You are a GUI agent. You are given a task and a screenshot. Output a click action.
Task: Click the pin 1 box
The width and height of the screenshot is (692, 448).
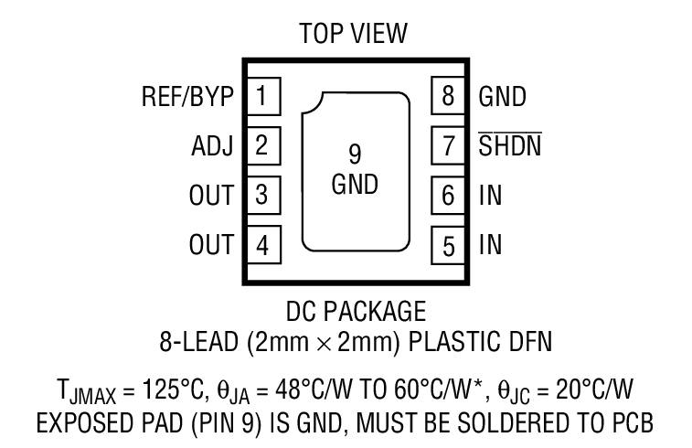(263, 96)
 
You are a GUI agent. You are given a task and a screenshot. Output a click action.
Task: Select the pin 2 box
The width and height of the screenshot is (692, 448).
(263, 145)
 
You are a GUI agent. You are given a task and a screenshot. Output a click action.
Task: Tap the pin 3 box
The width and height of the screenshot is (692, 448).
(263, 195)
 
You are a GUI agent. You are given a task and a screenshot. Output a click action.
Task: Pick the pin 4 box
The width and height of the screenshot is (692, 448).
(263, 244)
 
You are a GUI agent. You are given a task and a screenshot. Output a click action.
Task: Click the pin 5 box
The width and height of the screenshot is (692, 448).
(447, 244)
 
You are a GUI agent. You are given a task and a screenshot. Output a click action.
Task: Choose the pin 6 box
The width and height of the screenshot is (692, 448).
(447, 195)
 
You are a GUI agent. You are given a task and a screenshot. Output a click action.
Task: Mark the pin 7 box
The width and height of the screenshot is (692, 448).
(447, 145)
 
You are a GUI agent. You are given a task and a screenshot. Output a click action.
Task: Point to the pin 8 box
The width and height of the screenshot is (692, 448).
(447, 96)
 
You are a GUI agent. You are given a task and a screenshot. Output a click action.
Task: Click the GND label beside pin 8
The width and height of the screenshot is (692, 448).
(503, 96)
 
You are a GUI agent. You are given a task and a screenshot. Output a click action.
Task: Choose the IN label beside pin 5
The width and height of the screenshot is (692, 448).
(490, 244)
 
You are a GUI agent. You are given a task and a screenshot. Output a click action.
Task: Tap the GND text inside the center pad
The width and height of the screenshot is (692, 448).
(355, 185)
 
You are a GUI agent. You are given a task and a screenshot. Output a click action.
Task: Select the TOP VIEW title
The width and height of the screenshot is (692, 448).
(353, 34)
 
